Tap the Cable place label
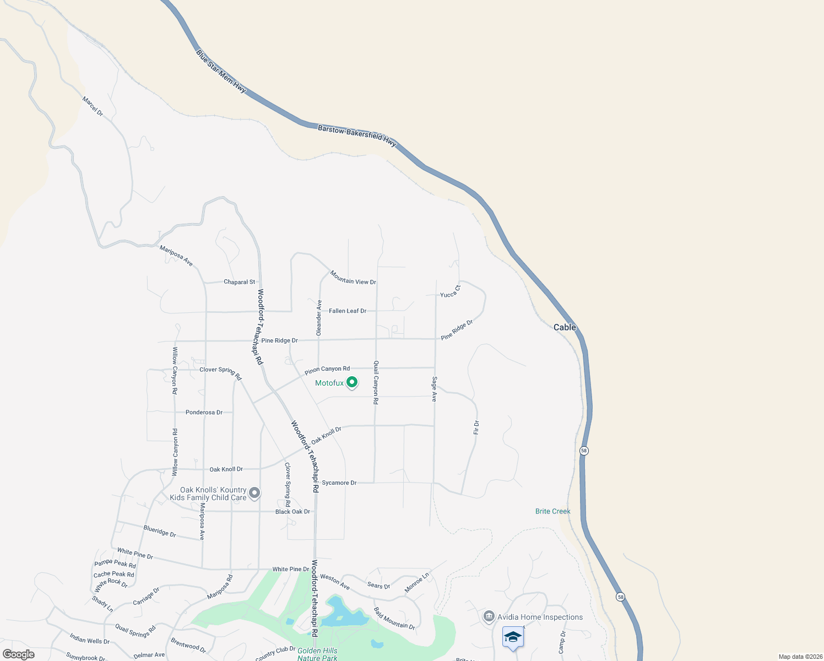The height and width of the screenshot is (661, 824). tap(565, 327)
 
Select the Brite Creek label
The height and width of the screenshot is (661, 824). tap(552, 511)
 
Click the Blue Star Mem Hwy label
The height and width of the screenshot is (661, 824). tap(221, 71)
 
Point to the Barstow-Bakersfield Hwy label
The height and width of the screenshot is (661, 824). tap(357, 136)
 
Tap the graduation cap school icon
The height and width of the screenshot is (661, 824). tap(513, 637)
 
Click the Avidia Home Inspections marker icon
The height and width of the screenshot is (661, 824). tap(489, 616)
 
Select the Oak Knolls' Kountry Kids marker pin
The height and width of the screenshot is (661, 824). tap(254, 492)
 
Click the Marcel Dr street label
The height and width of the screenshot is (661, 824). tap(93, 106)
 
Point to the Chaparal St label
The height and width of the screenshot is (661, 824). tap(239, 282)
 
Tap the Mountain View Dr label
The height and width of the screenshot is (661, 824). tap(353, 278)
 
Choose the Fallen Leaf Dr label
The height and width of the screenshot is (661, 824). tap(348, 311)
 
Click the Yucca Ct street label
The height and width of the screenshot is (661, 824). tap(450, 291)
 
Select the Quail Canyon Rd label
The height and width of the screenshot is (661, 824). tap(376, 382)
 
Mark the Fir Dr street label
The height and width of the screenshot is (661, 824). tap(476, 427)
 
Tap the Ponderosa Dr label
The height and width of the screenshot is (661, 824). tap(204, 412)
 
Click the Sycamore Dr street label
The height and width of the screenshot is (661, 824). tap(339, 483)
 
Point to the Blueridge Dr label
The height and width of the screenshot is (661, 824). tap(160, 531)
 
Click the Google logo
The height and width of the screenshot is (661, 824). tap(19, 654)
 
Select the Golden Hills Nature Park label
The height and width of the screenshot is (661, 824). tap(317, 654)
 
